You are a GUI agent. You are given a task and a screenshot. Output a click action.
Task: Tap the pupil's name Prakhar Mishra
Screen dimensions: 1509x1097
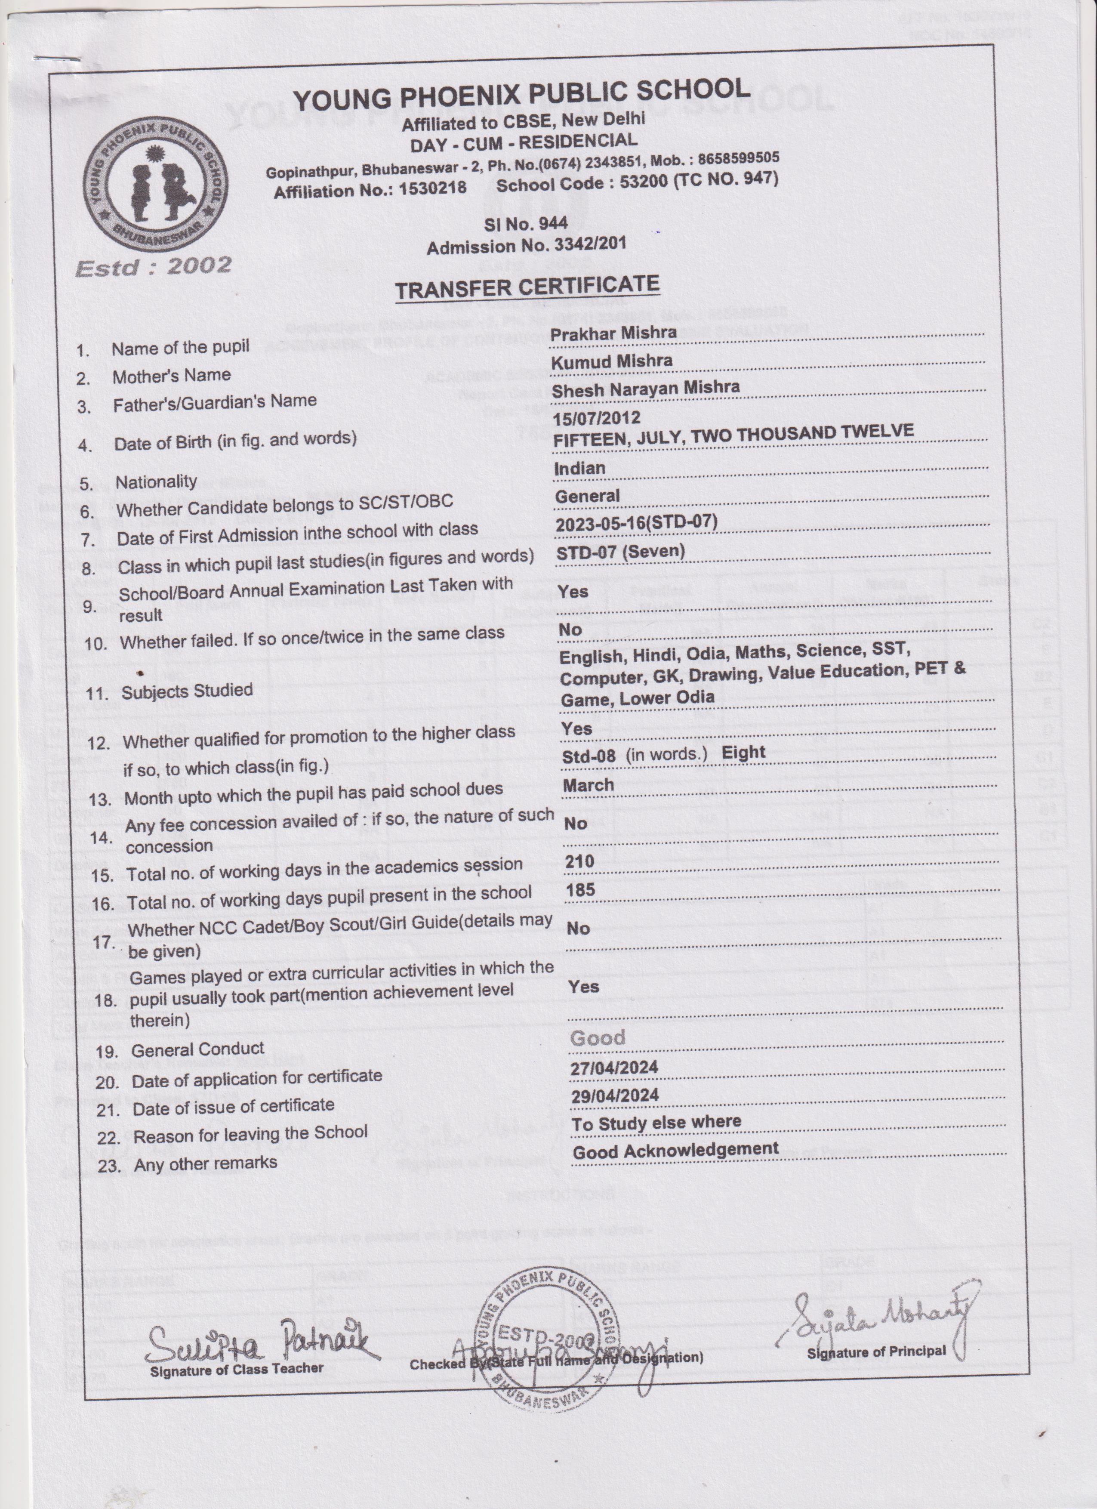(613, 333)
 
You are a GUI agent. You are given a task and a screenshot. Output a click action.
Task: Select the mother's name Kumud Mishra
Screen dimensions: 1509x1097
(612, 361)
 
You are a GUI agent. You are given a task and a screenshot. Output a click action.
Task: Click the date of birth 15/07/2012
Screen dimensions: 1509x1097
(596, 418)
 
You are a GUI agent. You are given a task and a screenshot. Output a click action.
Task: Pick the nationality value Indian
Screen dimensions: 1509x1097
(579, 469)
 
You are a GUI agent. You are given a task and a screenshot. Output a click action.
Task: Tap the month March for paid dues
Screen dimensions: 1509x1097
(588, 785)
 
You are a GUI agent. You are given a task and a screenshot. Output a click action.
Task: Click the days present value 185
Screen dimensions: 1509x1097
(580, 890)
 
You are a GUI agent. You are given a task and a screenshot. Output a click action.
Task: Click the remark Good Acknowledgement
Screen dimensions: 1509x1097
(675, 1151)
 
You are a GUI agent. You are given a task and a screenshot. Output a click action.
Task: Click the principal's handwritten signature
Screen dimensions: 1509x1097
(878, 1313)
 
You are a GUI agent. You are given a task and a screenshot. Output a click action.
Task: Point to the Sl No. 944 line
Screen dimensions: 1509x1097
(526, 224)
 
